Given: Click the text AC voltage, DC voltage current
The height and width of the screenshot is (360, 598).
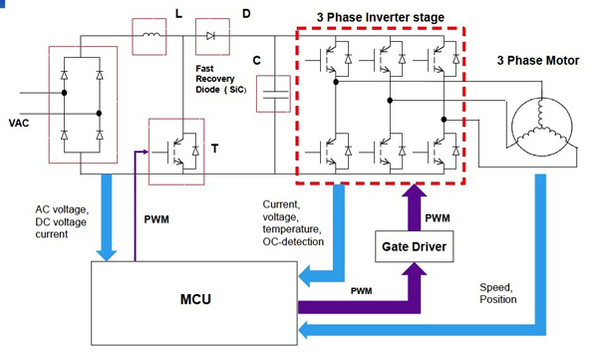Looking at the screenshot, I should pyautogui.click(x=64, y=221).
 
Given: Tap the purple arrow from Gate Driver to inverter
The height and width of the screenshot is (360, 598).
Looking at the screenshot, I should pyautogui.click(x=410, y=204).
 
